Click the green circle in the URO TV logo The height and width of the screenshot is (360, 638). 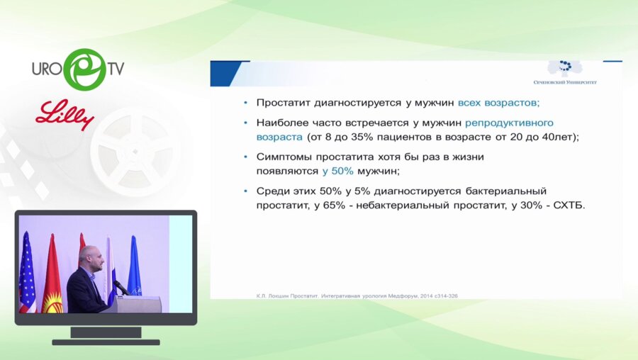84,69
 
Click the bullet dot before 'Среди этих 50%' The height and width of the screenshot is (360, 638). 245,191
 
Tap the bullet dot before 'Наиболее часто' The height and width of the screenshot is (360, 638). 245,123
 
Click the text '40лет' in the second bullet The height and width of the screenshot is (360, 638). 559,137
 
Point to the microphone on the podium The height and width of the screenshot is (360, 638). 121,286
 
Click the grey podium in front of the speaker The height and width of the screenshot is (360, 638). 139,303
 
